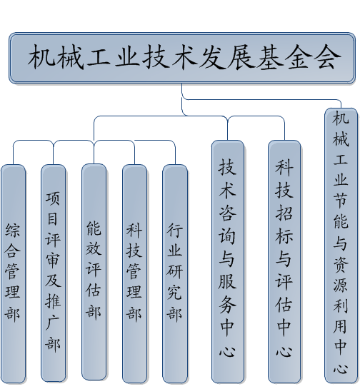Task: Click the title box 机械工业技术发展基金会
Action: tap(182, 58)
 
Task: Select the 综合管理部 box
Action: tap(13, 273)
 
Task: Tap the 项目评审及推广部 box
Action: tap(54, 273)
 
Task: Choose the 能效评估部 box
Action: tap(94, 272)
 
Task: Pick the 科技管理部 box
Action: tap(134, 273)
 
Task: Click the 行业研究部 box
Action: tap(175, 273)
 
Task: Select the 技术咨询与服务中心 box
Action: tap(228, 262)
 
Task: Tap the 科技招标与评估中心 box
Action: tap(284, 262)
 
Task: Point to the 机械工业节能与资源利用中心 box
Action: tap(341, 246)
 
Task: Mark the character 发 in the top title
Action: tap(212, 57)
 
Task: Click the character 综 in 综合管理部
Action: tap(13, 231)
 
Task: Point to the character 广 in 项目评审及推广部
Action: tap(53, 323)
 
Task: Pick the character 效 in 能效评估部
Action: tap(94, 248)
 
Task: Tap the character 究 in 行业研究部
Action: tap(175, 291)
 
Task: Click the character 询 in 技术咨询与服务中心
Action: tap(227, 236)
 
